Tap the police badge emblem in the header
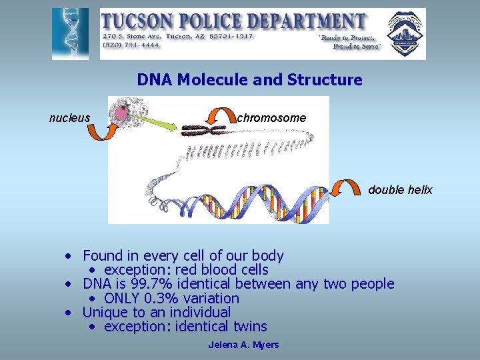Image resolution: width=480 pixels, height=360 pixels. tap(405, 33)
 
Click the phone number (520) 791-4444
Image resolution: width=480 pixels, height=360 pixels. tap(131, 45)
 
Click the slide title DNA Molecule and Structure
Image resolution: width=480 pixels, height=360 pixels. tap(249, 80)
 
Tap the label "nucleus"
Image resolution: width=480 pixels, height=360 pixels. tap(69, 118)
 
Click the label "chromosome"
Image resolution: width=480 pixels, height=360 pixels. tap(271, 118)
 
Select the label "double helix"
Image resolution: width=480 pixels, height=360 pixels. tap(400, 190)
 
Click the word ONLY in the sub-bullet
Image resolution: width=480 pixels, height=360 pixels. tap(122, 298)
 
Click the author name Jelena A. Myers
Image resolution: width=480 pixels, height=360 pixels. tap(243, 345)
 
